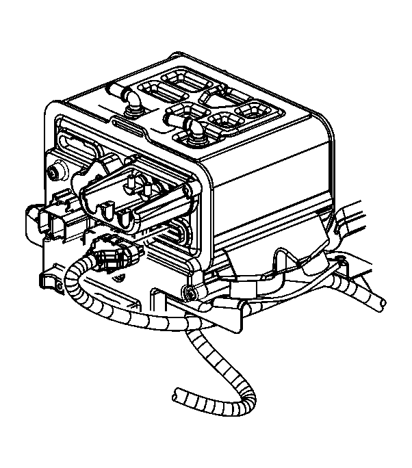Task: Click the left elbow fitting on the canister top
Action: (x=131, y=103)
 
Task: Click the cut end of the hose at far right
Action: (x=378, y=301)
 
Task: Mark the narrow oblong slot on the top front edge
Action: (x=127, y=124)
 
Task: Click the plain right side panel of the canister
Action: (x=274, y=178)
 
